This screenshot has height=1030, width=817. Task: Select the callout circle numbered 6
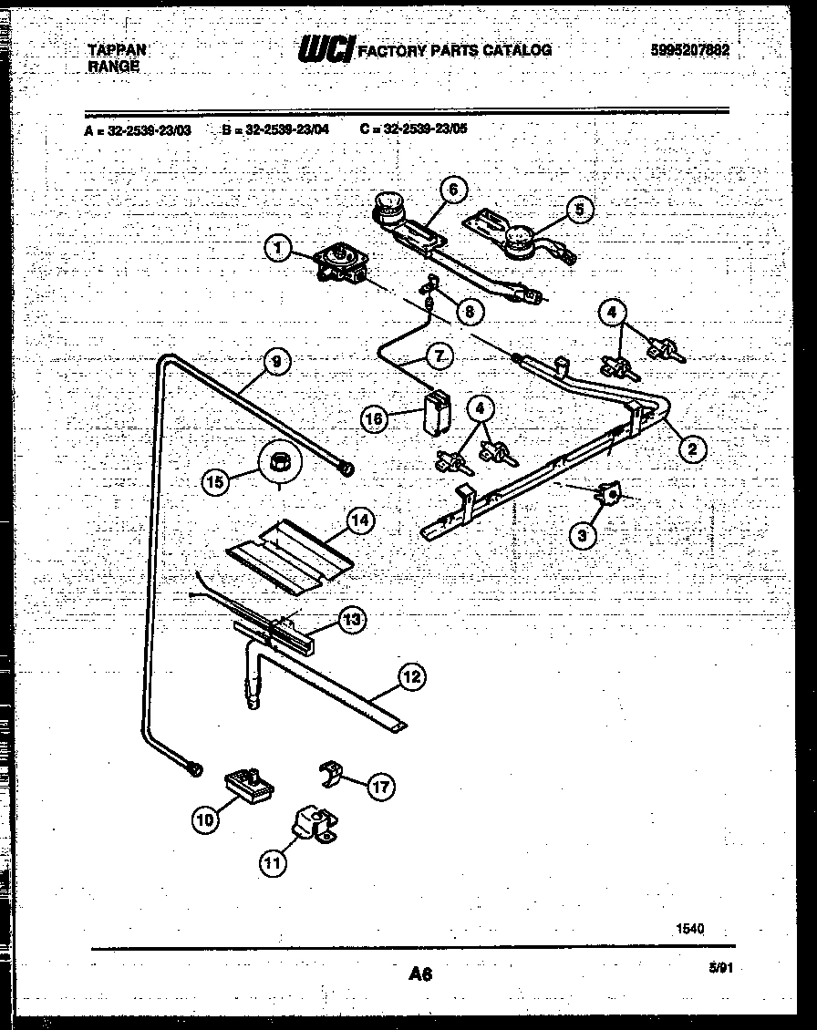[452, 190]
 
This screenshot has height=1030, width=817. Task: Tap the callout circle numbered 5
[578, 210]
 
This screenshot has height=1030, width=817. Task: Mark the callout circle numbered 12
[412, 676]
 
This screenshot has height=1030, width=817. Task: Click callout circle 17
[381, 787]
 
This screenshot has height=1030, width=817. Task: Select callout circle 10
[206, 820]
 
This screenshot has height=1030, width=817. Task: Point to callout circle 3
[584, 534]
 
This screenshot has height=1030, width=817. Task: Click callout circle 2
[692, 448]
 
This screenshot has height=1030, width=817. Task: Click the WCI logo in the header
[326, 50]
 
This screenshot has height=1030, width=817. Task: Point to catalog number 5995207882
[690, 51]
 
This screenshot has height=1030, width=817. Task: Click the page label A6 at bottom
[419, 974]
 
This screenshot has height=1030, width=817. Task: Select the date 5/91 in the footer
[720, 970]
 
